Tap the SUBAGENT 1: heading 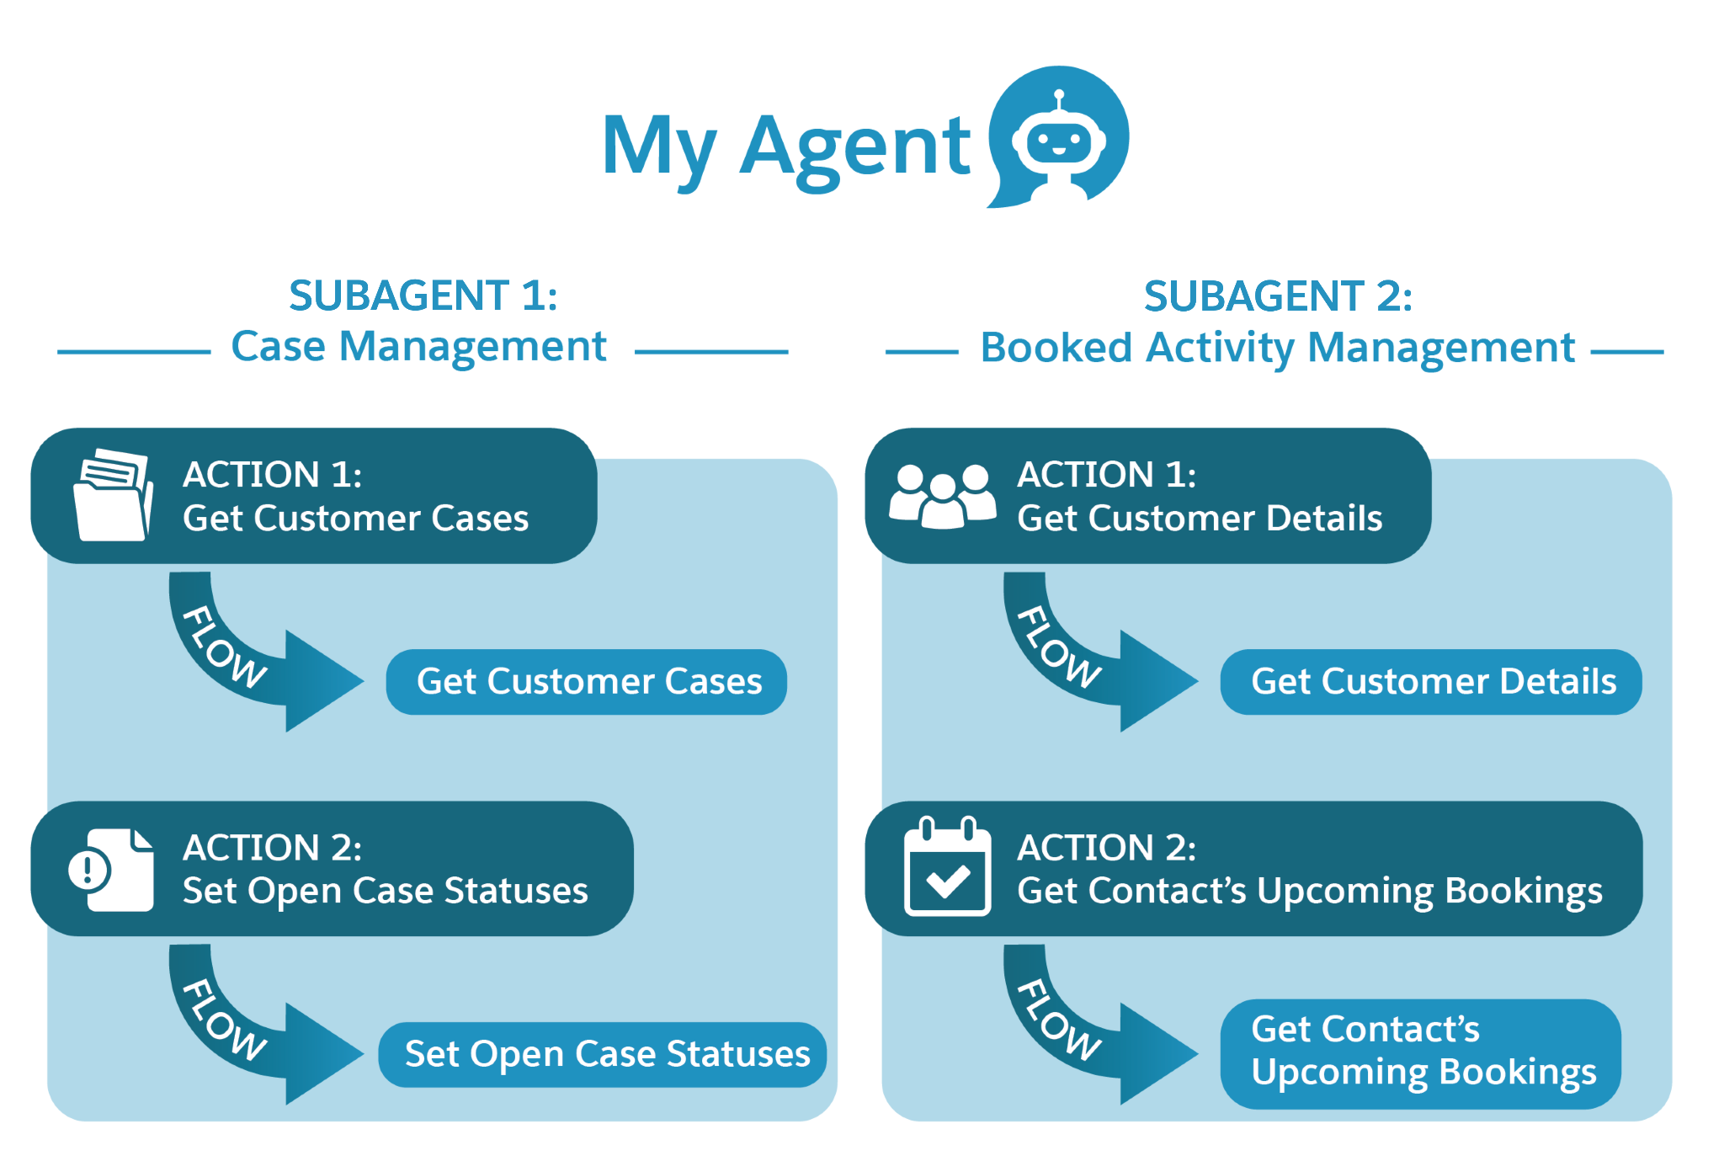tap(423, 296)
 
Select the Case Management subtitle tap(418, 347)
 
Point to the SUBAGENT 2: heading tap(1277, 296)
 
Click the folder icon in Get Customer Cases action tap(113, 495)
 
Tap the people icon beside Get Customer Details tap(943, 497)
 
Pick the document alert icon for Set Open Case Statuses tap(112, 870)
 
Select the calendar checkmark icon tap(946, 867)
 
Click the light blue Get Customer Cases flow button tap(587, 682)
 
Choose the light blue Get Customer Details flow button tap(1430, 682)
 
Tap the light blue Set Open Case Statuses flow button tap(603, 1055)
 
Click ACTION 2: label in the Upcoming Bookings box tap(1106, 848)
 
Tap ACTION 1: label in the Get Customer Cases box tap(273, 475)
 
